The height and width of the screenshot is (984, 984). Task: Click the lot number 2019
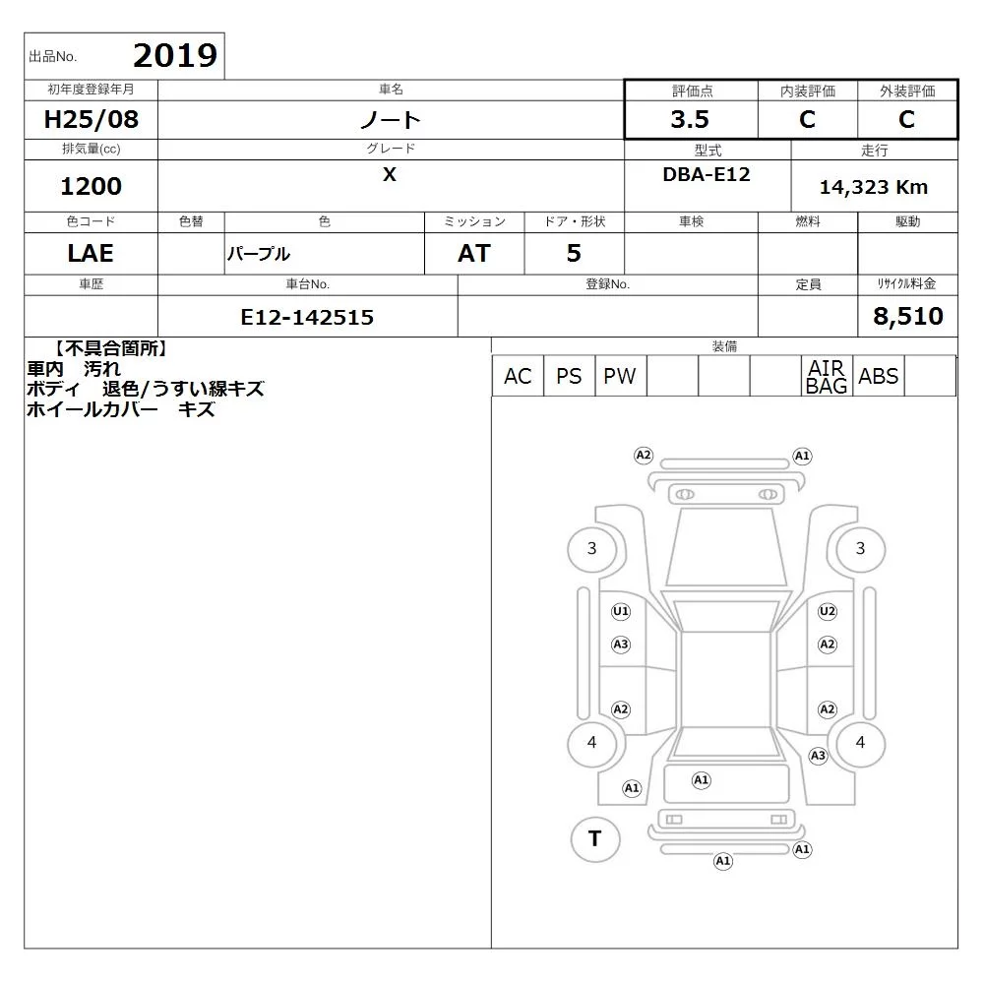tap(175, 55)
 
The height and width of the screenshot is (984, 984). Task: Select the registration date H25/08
tap(91, 119)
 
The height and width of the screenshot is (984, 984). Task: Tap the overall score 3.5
tap(690, 119)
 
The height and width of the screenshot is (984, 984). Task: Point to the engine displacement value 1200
tap(91, 186)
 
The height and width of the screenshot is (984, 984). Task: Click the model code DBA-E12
tap(707, 174)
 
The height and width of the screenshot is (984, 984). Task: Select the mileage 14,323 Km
tap(874, 187)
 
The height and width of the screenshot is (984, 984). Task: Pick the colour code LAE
tap(91, 253)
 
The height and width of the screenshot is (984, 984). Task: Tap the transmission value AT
tap(474, 253)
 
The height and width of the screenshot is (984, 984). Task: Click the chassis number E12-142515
tap(307, 317)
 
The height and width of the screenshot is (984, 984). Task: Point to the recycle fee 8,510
tap(908, 316)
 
